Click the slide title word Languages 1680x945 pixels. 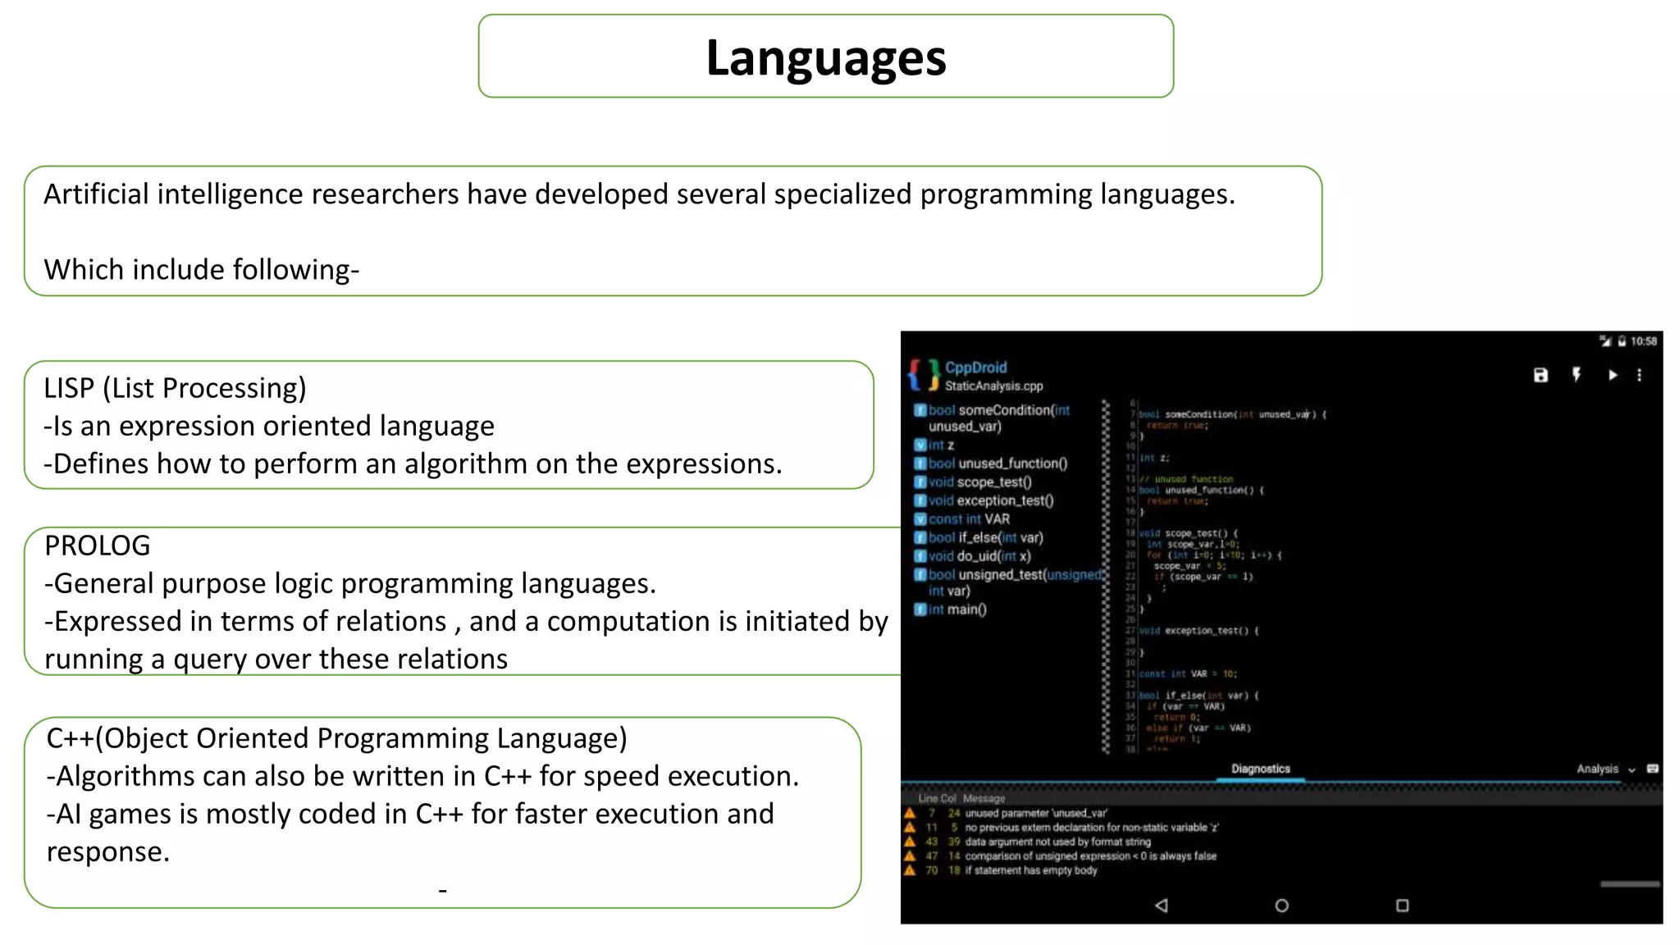point(825,58)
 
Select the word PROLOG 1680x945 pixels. point(97,546)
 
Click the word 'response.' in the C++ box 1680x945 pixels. point(107,852)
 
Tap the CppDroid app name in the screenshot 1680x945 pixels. point(975,367)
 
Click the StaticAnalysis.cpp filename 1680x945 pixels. point(993,386)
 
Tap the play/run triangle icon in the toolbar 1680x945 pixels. point(1613,375)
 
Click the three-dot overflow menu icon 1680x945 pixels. point(1640,375)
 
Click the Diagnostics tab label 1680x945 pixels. point(1260,769)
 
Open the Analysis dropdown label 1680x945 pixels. point(1597,769)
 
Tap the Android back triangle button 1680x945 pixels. point(1161,906)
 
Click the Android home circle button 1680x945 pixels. point(1281,906)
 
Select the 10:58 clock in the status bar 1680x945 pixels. point(1643,341)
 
